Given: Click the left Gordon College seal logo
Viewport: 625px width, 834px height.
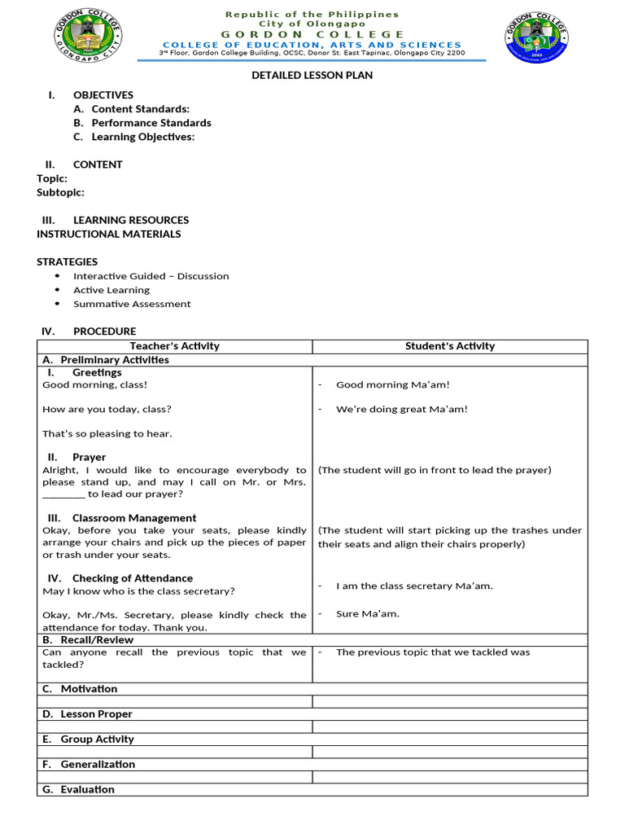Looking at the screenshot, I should click(88, 39).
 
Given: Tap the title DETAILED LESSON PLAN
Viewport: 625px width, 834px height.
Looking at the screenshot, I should click(312, 75).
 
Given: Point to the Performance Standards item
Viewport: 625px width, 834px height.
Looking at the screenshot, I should click(151, 123).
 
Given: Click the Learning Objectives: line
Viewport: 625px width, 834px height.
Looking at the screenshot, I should click(142, 137).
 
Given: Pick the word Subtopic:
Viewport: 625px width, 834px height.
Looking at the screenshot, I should click(60, 192).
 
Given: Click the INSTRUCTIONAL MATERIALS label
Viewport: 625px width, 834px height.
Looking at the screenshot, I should click(109, 234).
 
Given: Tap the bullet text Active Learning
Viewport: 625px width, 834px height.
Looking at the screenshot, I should click(111, 290).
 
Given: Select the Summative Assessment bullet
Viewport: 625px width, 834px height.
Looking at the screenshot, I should click(132, 304).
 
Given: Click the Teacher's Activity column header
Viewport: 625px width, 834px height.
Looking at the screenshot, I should click(174, 346).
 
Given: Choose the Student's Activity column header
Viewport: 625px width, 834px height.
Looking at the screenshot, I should click(449, 346).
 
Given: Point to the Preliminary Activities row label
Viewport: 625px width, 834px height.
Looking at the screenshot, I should click(115, 360).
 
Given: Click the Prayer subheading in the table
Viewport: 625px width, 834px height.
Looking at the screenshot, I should click(89, 458).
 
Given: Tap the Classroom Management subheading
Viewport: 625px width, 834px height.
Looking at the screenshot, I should click(134, 518).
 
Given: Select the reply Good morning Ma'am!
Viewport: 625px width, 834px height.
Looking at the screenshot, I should click(392, 384).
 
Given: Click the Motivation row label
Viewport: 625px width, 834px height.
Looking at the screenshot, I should click(89, 689).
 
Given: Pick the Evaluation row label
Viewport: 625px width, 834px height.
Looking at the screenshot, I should click(87, 790).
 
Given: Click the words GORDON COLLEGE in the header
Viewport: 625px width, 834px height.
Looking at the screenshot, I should click(312, 34).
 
